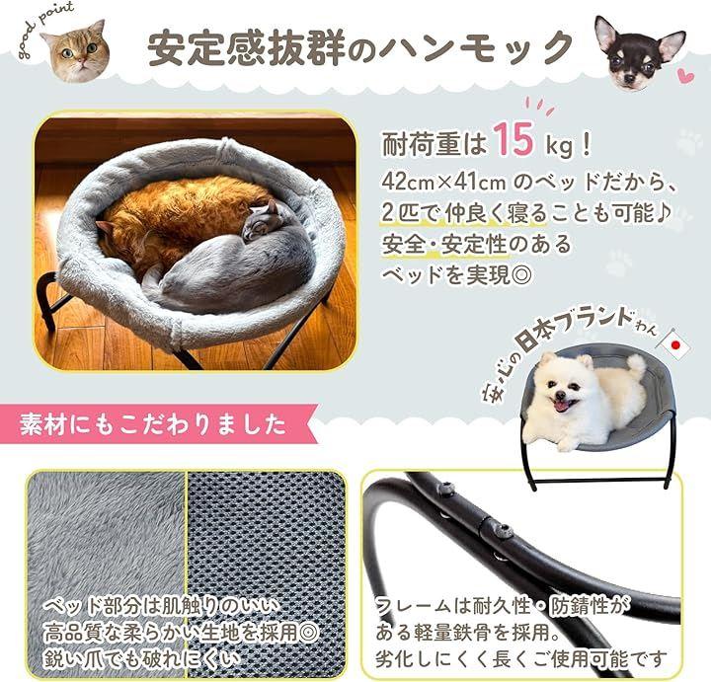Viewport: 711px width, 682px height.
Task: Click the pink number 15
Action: (x=513, y=139)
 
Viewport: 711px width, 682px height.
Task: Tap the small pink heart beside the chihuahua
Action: (x=686, y=76)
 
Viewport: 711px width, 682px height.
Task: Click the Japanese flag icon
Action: (x=675, y=345)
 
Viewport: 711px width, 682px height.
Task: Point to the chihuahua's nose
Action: (x=627, y=79)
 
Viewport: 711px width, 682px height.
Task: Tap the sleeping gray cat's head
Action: (x=260, y=221)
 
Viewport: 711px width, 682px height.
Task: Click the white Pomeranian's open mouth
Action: (x=563, y=405)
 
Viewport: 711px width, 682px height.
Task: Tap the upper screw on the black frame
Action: (x=445, y=490)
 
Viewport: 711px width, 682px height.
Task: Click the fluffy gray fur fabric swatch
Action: (x=106, y=573)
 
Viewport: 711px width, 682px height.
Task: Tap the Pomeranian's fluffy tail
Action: (x=633, y=368)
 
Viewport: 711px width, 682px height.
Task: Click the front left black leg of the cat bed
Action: (x=49, y=299)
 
